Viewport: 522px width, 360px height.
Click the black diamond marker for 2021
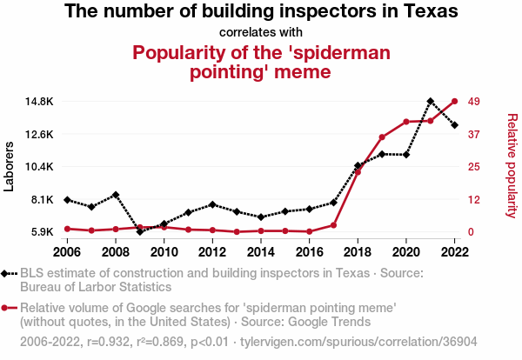tap(430, 101)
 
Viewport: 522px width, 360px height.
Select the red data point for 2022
tap(454, 101)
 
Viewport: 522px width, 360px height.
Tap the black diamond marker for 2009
tap(140, 231)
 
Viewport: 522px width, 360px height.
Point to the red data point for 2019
tap(382, 137)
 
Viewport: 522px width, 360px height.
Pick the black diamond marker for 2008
tap(116, 195)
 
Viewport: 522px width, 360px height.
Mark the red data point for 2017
tap(333, 225)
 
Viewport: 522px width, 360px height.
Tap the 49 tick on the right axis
tap(474, 101)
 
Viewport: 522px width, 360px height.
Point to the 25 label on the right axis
tap(474, 167)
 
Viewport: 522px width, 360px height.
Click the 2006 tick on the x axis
tap(67, 251)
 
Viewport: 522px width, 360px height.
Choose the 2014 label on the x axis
tap(260, 251)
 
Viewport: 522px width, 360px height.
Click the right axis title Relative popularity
tap(512, 165)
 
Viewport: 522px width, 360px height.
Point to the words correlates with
tap(261, 33)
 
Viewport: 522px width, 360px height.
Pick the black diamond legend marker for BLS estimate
tap(9, 274)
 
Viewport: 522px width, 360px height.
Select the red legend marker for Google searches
tap(9, 307)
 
